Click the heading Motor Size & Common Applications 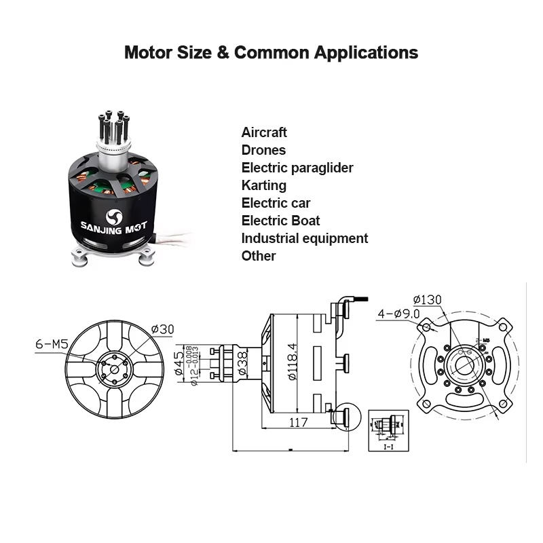271,52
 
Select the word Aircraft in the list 264,132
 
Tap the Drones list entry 263,150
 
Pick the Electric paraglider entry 297,168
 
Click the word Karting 264,185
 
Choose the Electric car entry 276,203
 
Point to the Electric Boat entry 280,221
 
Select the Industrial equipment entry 304,238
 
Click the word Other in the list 259,256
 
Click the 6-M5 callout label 52,344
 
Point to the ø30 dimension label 163,330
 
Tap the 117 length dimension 297,422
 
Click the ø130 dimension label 426,299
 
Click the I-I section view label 388,447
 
